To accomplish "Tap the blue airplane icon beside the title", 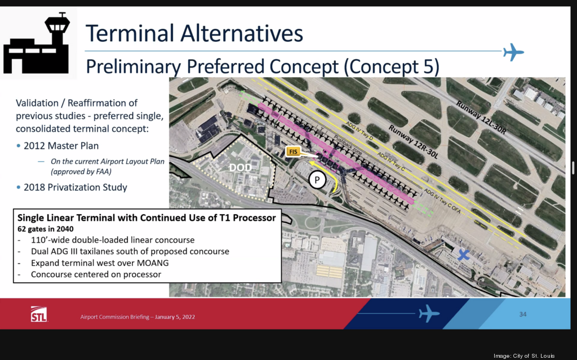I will pos(513,52).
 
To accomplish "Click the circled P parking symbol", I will pos(317,180).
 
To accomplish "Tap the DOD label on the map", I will pos(240,167).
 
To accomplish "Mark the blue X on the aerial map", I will pos(463,255).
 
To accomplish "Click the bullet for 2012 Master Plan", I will pos(19,145).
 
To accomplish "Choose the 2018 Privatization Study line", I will pos(75,188).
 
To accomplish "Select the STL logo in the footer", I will pos(39,314).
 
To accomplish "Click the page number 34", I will pos(522,314).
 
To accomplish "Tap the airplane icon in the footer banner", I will pos(429,313).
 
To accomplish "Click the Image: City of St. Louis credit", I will pos(532,355).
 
